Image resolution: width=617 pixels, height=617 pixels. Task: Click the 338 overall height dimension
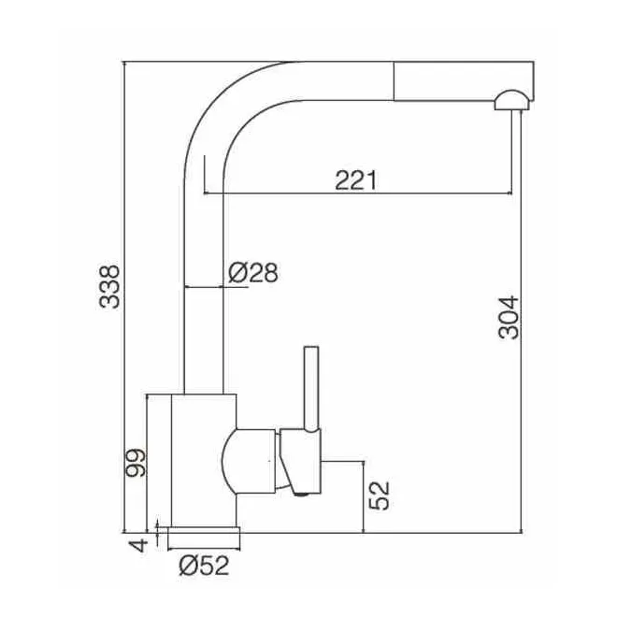(x=109, y=286)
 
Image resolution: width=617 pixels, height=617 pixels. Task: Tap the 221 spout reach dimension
(x=356, y=180)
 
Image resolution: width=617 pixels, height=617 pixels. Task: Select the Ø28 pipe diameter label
(x=253, y=272)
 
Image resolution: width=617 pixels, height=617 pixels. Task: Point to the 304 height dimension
(x=509, y=317)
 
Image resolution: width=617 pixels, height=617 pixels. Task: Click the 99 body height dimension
(x=136, y=463)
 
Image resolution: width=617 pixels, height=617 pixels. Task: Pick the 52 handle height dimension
(x=379, y=495)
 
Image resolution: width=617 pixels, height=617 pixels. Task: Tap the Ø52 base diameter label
(x=204, y=566)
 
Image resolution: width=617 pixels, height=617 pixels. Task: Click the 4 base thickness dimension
(x=138, y=545)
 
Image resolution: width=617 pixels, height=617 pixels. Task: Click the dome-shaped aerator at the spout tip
(x=512, y=100)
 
